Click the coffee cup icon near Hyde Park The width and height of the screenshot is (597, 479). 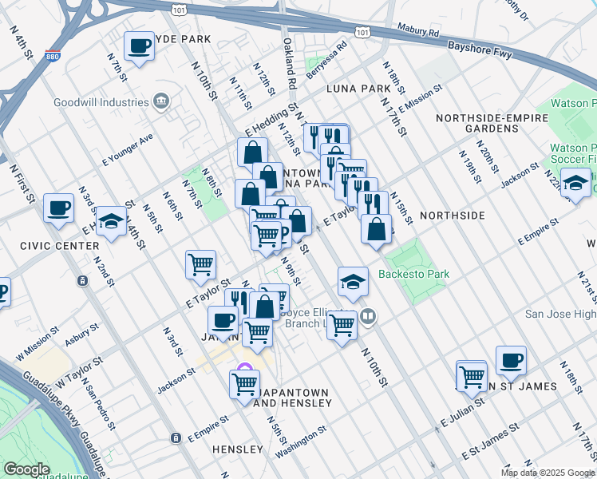point(139,46)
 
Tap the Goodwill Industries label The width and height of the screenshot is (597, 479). point(101,102)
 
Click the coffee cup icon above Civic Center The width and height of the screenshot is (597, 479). point(58,208)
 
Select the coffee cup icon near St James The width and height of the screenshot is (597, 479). point(511,360)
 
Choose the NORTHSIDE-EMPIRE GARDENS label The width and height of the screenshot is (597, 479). point(477,123)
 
